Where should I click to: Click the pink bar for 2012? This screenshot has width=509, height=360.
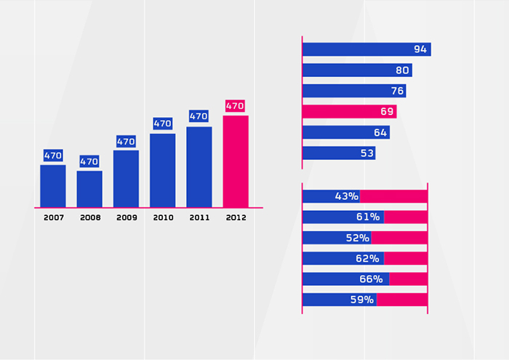pyautogui.click(x=236, y=161)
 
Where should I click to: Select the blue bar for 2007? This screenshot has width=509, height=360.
pyautogui.click(x=53, y=186)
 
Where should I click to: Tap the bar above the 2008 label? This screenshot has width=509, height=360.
pyautogui.click(x=89, y=189)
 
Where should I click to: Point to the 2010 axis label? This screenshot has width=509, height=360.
pyautogui.click(x=163, y=217)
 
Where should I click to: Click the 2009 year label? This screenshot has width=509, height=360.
pyautogui.click(x=127, y=217)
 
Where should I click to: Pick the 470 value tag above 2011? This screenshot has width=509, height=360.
pyautogui.click(x=199, y=116)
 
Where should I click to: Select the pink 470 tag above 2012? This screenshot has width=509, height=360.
pyautogui.click(x=235, y=106)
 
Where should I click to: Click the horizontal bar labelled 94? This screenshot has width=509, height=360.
pyautogui.click(x=366, y=49)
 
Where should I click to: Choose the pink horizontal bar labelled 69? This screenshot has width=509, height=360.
pyautogui.click(x=349, y=111)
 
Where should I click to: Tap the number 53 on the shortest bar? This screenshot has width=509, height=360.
pyautogui.click(x=366, y=153)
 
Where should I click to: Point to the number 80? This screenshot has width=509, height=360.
pyautogui.click(x=402, y=71)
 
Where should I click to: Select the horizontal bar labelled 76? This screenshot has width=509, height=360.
pyautogui.click(x=353, y=91)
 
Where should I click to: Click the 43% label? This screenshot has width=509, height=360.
pyautogui.click(x=347, y=196)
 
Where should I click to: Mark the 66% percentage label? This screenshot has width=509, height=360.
pyautogui.click(x=370, y=279)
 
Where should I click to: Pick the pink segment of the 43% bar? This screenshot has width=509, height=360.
pyautogui.click(x=393, y=196)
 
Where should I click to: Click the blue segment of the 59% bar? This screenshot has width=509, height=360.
pyautogui.click(x=339, y=300)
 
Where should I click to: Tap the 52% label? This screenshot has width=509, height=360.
pyautogui.click(x=358, y=238)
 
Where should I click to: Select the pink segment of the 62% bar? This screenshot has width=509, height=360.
pyautogui.click(x=406, y=258)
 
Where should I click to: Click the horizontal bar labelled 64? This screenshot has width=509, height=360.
pyautogui.click(x=345, y=132)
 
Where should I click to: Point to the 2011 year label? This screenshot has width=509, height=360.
pyautogui.click(x=199, y=217)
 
